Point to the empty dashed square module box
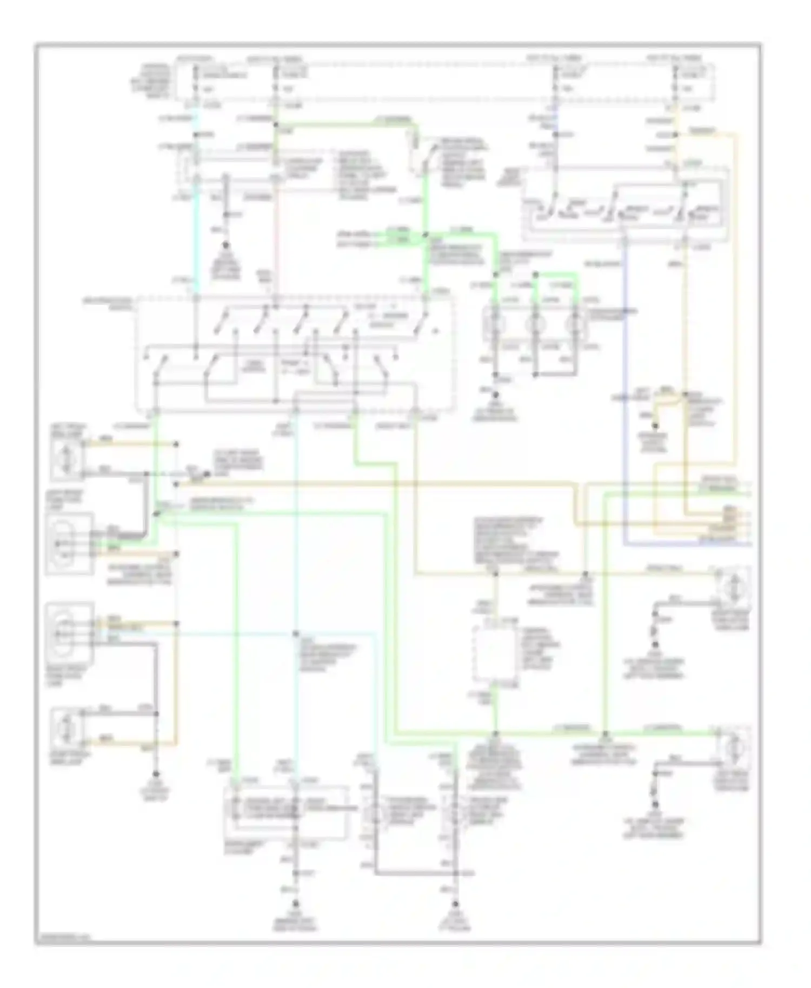tap(494, 654)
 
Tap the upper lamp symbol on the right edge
tap(733, 587)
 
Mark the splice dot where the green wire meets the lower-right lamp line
tap(606, 733)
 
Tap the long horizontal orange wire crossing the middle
tap(378, 483)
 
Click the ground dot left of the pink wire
tap(226, 245)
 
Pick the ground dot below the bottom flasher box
tap(295, 903)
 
